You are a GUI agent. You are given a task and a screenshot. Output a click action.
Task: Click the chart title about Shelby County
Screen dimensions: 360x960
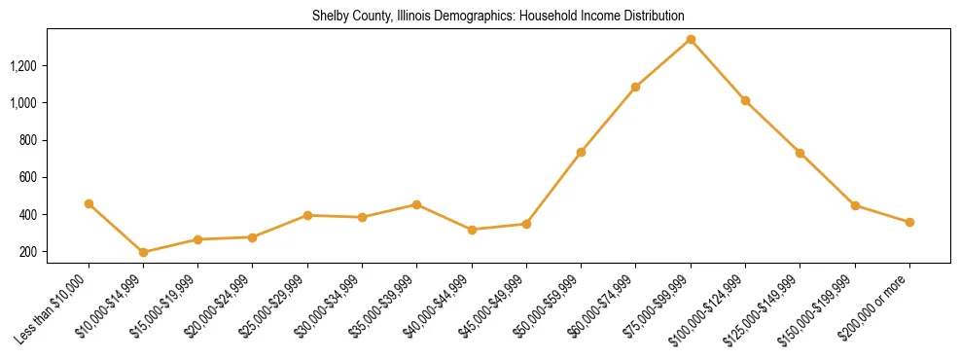498,17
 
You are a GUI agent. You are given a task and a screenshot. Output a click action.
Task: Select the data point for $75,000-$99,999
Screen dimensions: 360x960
691,39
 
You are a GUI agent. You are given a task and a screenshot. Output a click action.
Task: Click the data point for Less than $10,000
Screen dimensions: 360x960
89,203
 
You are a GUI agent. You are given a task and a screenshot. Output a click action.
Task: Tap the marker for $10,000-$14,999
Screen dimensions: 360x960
144,252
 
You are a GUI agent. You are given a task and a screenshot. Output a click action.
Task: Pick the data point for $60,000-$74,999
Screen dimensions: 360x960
635,87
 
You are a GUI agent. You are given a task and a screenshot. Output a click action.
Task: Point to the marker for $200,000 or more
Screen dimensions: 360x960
909,222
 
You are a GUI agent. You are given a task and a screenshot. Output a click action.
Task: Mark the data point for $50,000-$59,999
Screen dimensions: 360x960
581,152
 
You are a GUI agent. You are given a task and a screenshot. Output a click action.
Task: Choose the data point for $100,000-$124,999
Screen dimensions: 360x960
745,100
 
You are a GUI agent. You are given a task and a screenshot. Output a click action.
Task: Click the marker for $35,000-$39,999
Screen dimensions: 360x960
416,204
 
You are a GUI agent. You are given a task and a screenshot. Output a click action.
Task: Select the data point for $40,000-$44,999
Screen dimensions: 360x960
472,230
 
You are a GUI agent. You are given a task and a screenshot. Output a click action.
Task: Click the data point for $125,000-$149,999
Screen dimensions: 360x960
800,153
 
